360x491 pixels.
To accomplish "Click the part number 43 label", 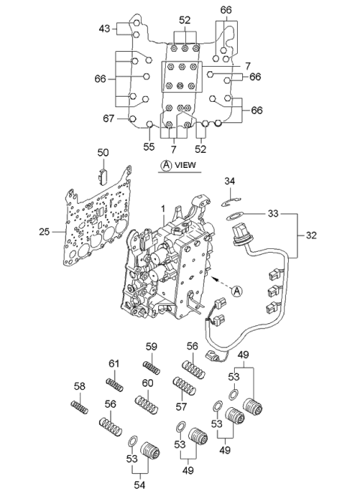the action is [104, 28].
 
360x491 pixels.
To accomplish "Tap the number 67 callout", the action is [109, 118].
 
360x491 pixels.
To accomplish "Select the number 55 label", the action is [148, 146].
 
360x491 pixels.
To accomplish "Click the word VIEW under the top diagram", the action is [185, 165].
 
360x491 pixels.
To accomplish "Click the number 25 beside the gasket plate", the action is [44, 232].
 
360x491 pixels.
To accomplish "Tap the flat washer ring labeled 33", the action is [234, 217].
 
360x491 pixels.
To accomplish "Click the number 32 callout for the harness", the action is [310, 235].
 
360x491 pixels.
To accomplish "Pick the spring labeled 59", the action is [151, 367].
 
